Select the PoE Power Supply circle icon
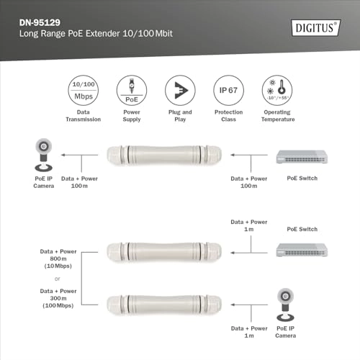[132, 91]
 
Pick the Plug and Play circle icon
[180, 91]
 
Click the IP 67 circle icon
[227, 91]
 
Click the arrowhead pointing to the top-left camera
[62, 154]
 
